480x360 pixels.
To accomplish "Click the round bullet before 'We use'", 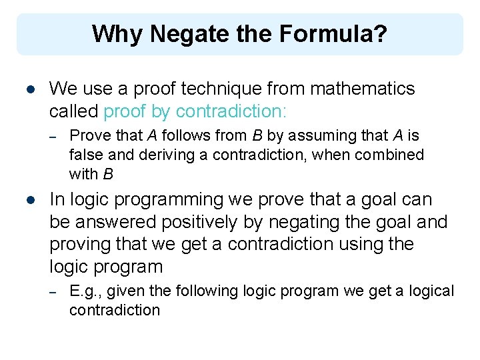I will [x=30, y=89].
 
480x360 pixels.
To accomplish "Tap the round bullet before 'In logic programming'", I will [x=30, y=199].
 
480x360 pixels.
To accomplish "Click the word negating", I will [x=323, y=222].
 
